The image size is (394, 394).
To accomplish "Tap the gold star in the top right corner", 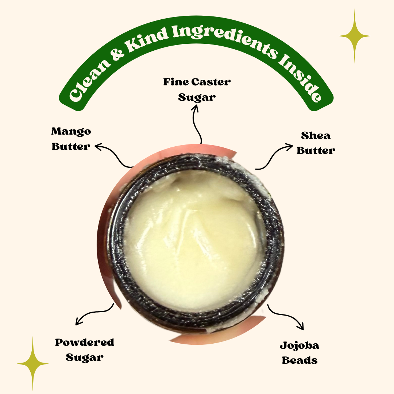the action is (x=355, y=36).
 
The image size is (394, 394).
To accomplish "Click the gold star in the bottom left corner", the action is (x=33, y=363).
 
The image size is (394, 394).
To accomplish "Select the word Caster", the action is (x=211, y=82).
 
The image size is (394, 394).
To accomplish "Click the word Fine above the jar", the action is (x=176, y=82).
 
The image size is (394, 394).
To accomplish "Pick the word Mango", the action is (x=71, y=132).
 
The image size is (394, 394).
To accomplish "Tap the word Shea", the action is (x=316, y=136).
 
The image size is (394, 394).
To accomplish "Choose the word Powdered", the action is (x=84, y=342).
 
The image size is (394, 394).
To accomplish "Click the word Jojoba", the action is (x=300, y=346).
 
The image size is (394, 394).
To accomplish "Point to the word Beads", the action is (x=300, y=360).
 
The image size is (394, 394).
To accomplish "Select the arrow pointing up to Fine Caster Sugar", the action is (x=197, y=124).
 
